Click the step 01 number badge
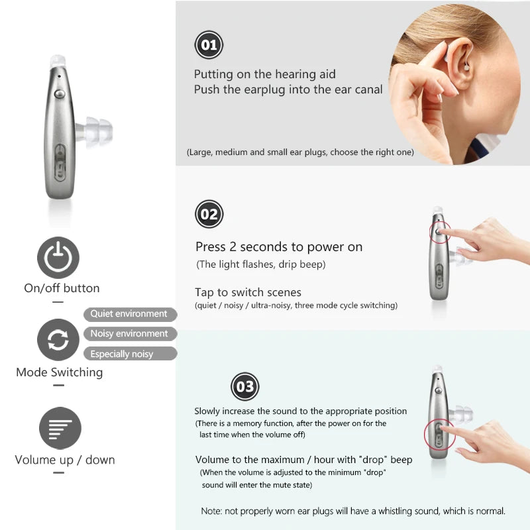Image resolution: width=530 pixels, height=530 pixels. tap(209, 45)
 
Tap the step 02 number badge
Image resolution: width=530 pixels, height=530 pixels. tap(209, 214)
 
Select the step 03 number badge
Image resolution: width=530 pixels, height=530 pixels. tap(244, 387)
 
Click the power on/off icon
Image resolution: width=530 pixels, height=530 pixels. tap(58, 258)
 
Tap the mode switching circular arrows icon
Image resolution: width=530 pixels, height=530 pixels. tap(58, 340)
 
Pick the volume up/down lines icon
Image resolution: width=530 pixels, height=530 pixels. tap(60, 428)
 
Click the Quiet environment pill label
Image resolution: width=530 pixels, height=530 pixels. tap(130, 314)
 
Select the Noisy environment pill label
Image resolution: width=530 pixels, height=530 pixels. tap(130, 334)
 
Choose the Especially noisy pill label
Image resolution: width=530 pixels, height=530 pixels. tap(130, 354)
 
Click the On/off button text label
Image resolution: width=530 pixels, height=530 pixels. tap(62, 288)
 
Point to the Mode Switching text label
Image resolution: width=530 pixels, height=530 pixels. tap(60, 372)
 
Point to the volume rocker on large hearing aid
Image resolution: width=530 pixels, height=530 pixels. tap(60, 162)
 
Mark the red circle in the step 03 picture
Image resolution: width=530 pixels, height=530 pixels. tap(438, 435)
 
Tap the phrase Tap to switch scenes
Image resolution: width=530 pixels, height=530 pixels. tap(248, 292)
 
